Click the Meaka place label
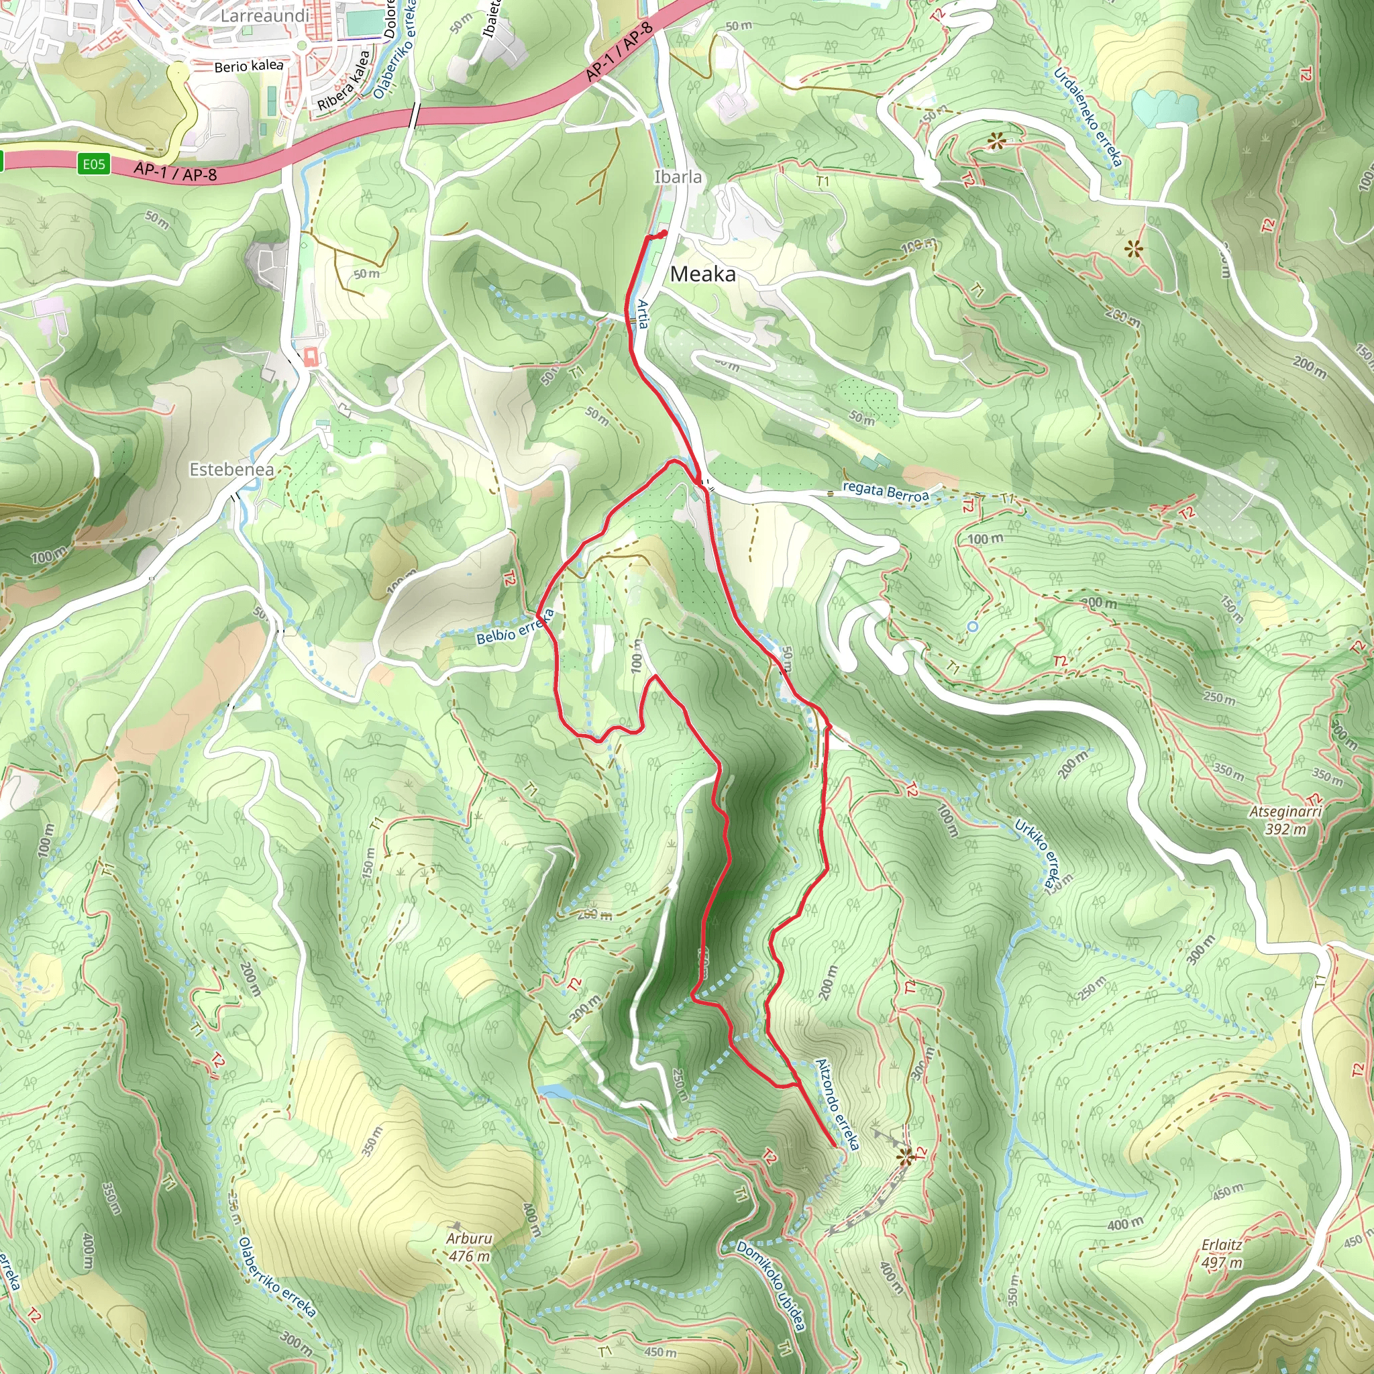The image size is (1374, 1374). (702, 274)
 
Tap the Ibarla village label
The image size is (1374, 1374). (678, 177)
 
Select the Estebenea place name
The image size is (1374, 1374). (231, 470)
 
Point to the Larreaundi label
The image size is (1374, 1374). (264, 15)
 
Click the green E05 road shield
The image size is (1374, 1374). (94, 165)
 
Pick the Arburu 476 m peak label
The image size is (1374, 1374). (469, 1247)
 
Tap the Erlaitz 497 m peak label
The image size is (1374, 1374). (1222, 1254)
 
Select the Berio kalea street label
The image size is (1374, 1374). (249, 66)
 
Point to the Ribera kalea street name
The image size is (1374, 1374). (344, 81)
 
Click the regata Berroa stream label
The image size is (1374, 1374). (885, 491)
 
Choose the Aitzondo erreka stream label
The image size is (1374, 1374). (837, 1104)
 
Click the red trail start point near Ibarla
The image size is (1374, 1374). (663, 233)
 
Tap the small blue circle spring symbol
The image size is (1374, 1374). (972, 626)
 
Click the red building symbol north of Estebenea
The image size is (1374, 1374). (310, 356)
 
